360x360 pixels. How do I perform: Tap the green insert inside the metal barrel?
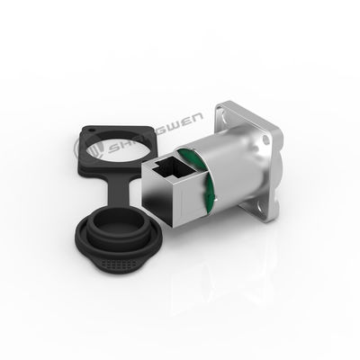[209, 184]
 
